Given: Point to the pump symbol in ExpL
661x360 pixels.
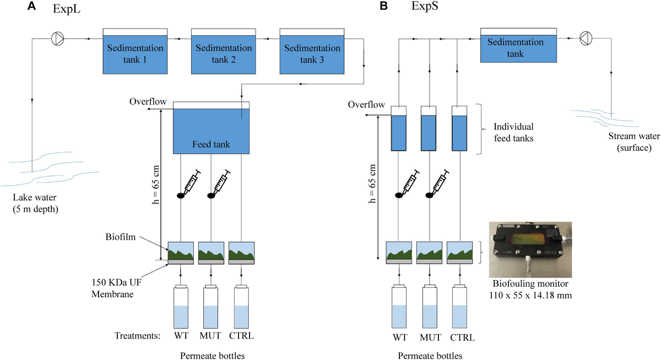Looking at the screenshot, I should [57, 39].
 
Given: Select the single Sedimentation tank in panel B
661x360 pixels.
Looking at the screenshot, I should [519, 48].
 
